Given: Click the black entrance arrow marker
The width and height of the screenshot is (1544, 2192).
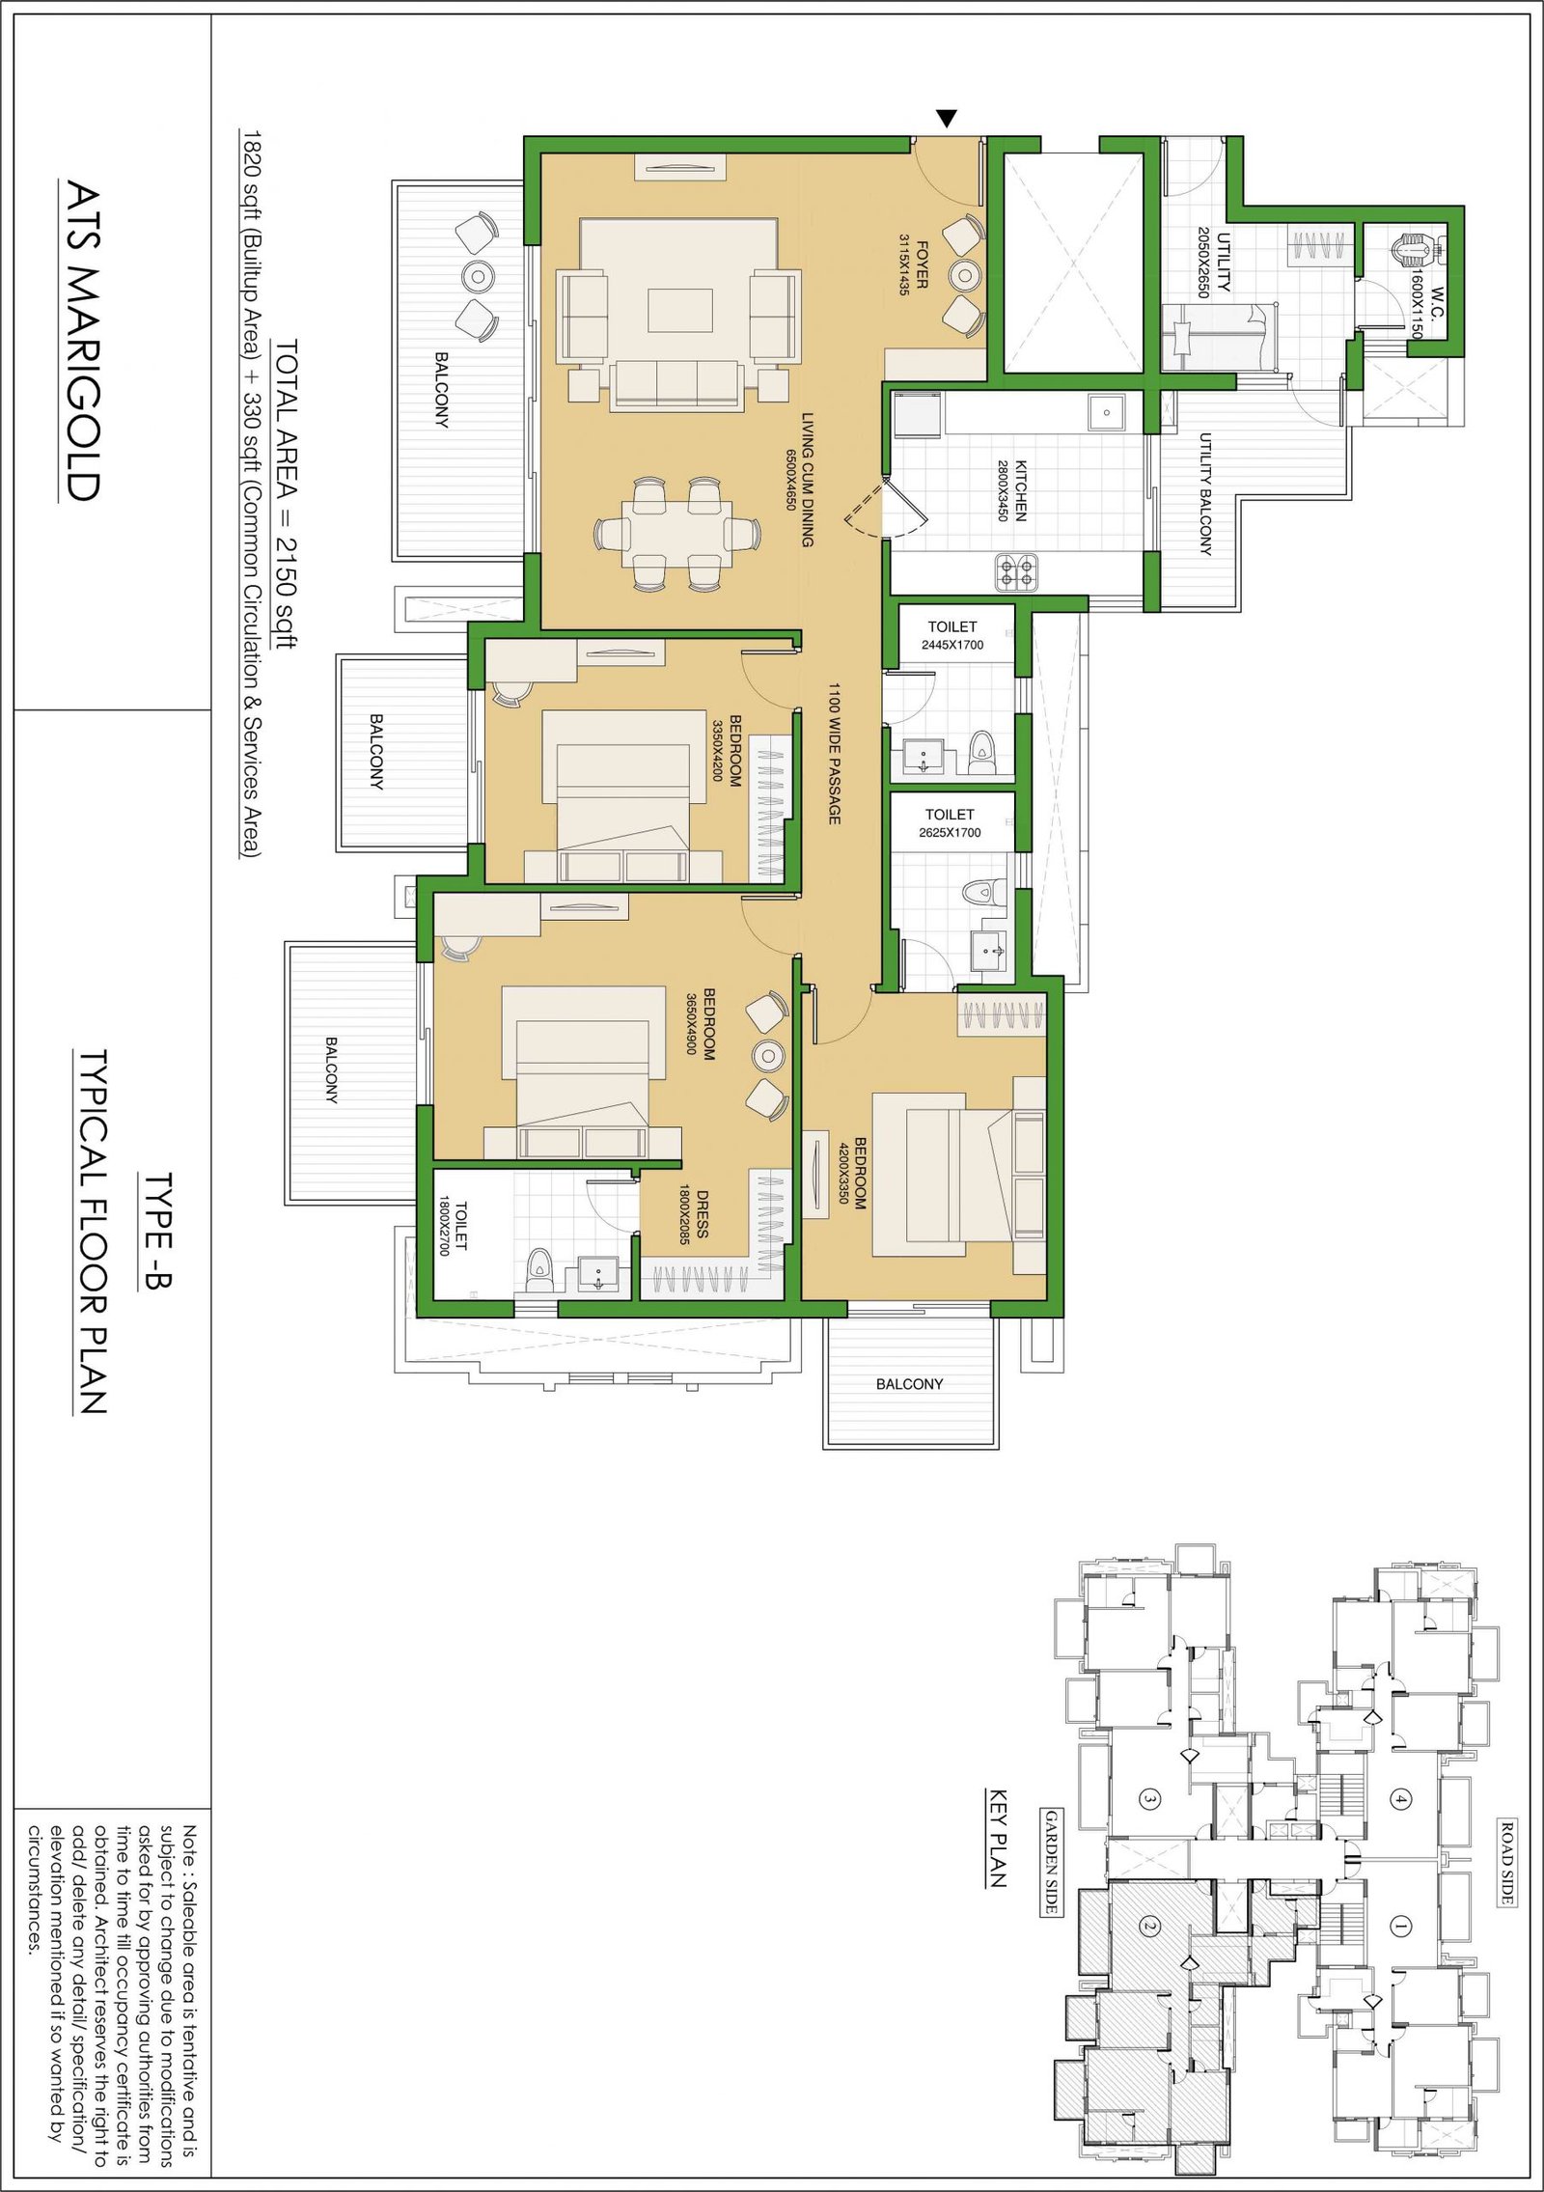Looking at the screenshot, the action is pos(948,119).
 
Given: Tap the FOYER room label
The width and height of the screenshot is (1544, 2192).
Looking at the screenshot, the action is pos(922,264).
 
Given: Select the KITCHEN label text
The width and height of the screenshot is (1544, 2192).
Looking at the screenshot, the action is pos(1021,490).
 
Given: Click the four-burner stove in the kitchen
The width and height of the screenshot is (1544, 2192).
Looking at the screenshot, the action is pos(1016,572).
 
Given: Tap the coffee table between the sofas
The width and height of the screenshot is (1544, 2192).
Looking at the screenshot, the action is pos(679,311).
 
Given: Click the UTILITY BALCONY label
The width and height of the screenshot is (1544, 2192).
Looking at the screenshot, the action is pos(1205,494).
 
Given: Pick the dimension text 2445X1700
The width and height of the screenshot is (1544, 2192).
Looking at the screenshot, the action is pos(952,645).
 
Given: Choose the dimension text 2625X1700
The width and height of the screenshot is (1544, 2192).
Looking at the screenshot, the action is pos(950,832).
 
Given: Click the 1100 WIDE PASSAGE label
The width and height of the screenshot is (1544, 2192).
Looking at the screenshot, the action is pos(835,754).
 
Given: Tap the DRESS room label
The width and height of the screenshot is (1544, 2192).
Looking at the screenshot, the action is pos(703,1214).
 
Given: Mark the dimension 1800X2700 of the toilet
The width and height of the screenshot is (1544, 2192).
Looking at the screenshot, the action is pos(445,1226).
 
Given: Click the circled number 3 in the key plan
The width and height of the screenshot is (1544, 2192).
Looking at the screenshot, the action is pos(1149,1798).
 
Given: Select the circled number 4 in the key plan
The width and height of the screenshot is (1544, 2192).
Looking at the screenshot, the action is pos(1400,1798).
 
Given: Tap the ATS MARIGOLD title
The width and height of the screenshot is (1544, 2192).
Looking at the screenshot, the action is pos(82,342).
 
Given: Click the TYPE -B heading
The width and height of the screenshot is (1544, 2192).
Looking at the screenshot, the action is pos(157,1231).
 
